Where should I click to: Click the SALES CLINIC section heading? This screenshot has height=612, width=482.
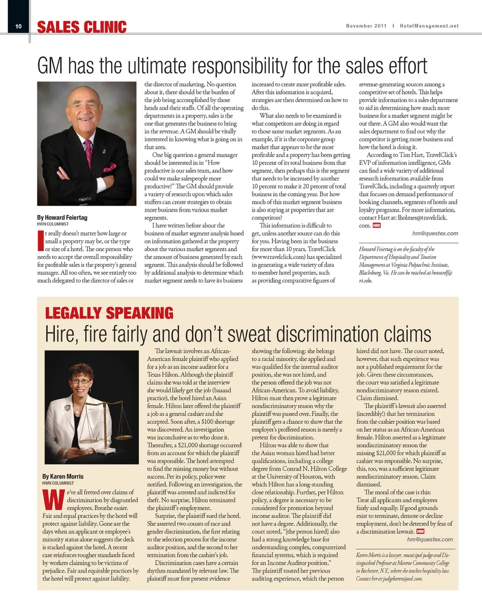coord(81,27)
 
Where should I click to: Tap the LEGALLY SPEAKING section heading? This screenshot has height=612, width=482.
coord(109,313)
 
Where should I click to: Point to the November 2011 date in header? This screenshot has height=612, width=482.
coord(366,26)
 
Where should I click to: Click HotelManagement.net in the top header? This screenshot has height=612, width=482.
coord(429,26)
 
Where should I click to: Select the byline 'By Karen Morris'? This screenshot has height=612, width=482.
coord(63,476)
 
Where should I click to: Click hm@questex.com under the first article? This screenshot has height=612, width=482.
coord(435,233)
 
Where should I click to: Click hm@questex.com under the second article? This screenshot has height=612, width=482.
coord(431,540)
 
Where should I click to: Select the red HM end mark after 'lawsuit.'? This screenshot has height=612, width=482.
coord(420,531)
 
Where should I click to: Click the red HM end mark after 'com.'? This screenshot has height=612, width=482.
coord(376,226)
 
